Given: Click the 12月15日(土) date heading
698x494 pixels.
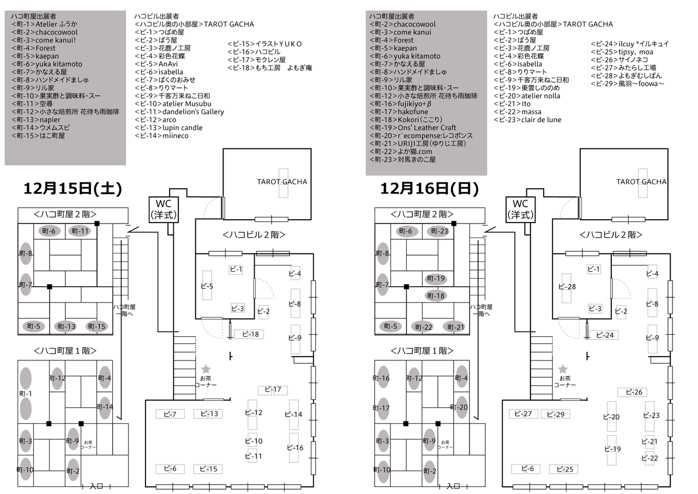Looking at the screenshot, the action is click(73, 189).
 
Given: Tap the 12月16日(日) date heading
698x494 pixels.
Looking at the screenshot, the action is click(429, 189).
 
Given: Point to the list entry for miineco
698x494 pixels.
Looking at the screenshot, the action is click(161, 136).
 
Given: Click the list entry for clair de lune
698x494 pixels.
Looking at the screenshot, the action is click(527, 120).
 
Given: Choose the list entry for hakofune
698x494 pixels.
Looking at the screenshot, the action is click(399, 112).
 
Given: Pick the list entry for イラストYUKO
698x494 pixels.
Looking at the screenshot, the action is click(264, 44).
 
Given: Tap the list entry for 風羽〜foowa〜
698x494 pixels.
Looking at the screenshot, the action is click(627, 84).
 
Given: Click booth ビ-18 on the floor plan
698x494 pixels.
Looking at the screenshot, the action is click(249, 334).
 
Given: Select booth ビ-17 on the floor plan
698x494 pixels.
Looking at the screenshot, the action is click(273, 390).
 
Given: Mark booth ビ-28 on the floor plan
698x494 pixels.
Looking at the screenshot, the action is click(567, 288).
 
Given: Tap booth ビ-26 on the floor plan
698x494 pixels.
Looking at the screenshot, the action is click(632, 392).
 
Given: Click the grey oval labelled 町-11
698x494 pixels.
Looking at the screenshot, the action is click(80, 231).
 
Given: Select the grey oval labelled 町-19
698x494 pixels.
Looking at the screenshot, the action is click(436, 279).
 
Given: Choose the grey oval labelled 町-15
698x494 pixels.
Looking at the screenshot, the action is click(97, 327).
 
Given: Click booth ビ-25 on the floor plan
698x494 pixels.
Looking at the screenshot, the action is click(563, 469).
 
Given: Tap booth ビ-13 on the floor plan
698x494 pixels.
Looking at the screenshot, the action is click(208, 414).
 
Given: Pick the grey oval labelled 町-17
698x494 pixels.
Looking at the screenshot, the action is click(383, 408).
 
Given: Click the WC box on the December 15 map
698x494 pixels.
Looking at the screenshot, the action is click(164, 209).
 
